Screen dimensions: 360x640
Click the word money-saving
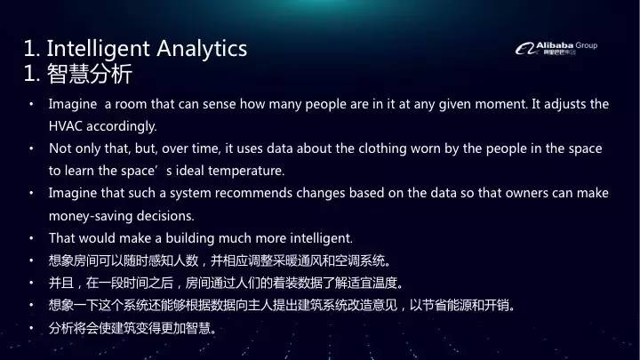pos(89,215)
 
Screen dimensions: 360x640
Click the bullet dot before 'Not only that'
pos(31,148)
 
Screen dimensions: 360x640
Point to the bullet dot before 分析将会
pos(31,329)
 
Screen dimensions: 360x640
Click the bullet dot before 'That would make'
pos(31,237)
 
